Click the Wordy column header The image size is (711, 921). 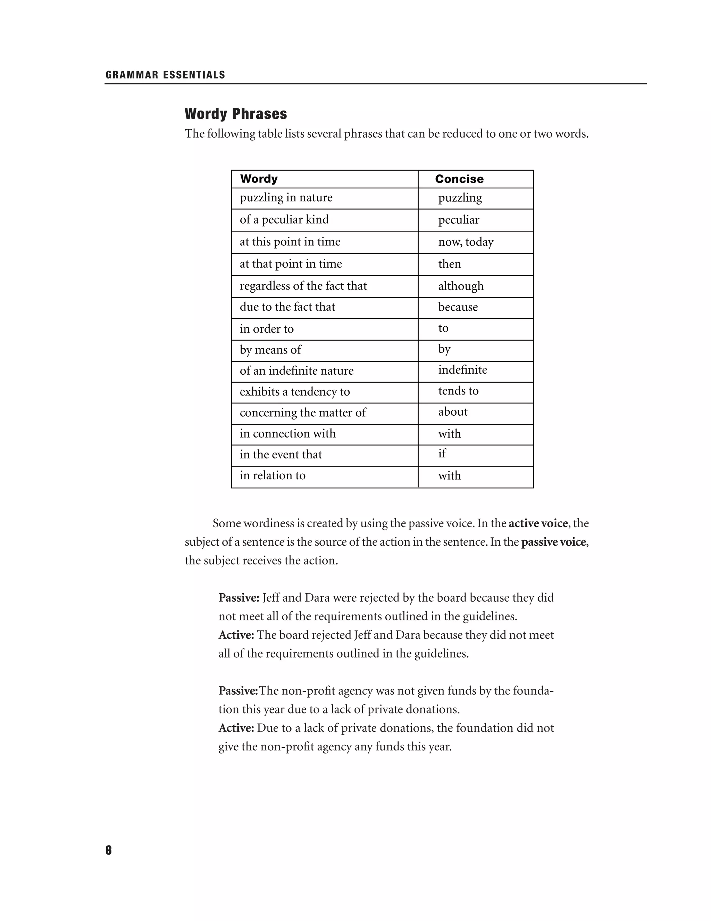[259, 179]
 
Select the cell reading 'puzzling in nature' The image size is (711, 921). [286, 198]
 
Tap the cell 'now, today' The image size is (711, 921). [466, 242]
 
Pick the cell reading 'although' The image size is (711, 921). [461, 286]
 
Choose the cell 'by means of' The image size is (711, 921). [270, 350]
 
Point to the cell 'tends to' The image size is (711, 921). [458, 391]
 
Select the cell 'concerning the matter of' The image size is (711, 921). [303, 413]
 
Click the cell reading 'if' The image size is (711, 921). [442, 454]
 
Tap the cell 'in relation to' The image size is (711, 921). [273, 476]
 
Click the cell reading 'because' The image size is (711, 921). [458, 307]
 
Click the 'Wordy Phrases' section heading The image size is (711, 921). [235, 114]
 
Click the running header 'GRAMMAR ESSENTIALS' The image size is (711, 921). [165, 75]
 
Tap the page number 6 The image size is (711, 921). [109, 850]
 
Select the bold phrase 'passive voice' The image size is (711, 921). [553, 542]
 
